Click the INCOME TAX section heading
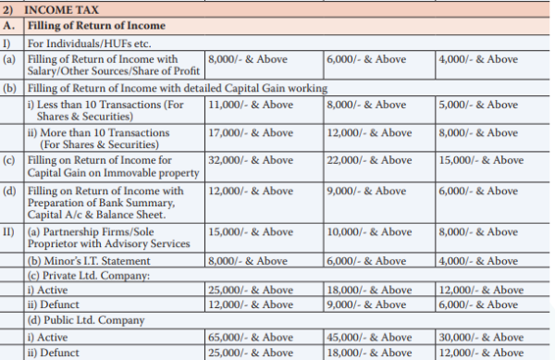pyautogui.click(x=62, y=9)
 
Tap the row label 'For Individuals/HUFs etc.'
pyautogui.click(x=87, y=43)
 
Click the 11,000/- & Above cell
pyautogui.click(x=252, y=105)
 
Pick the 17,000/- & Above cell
pyautogui.click(x=252, y=133)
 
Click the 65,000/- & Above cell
pyautogui.click(x=252, y=337)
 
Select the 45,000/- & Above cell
pyautogui.click(x=368, y=337)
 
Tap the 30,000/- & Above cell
pyautogui.click(x=478, y=337)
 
